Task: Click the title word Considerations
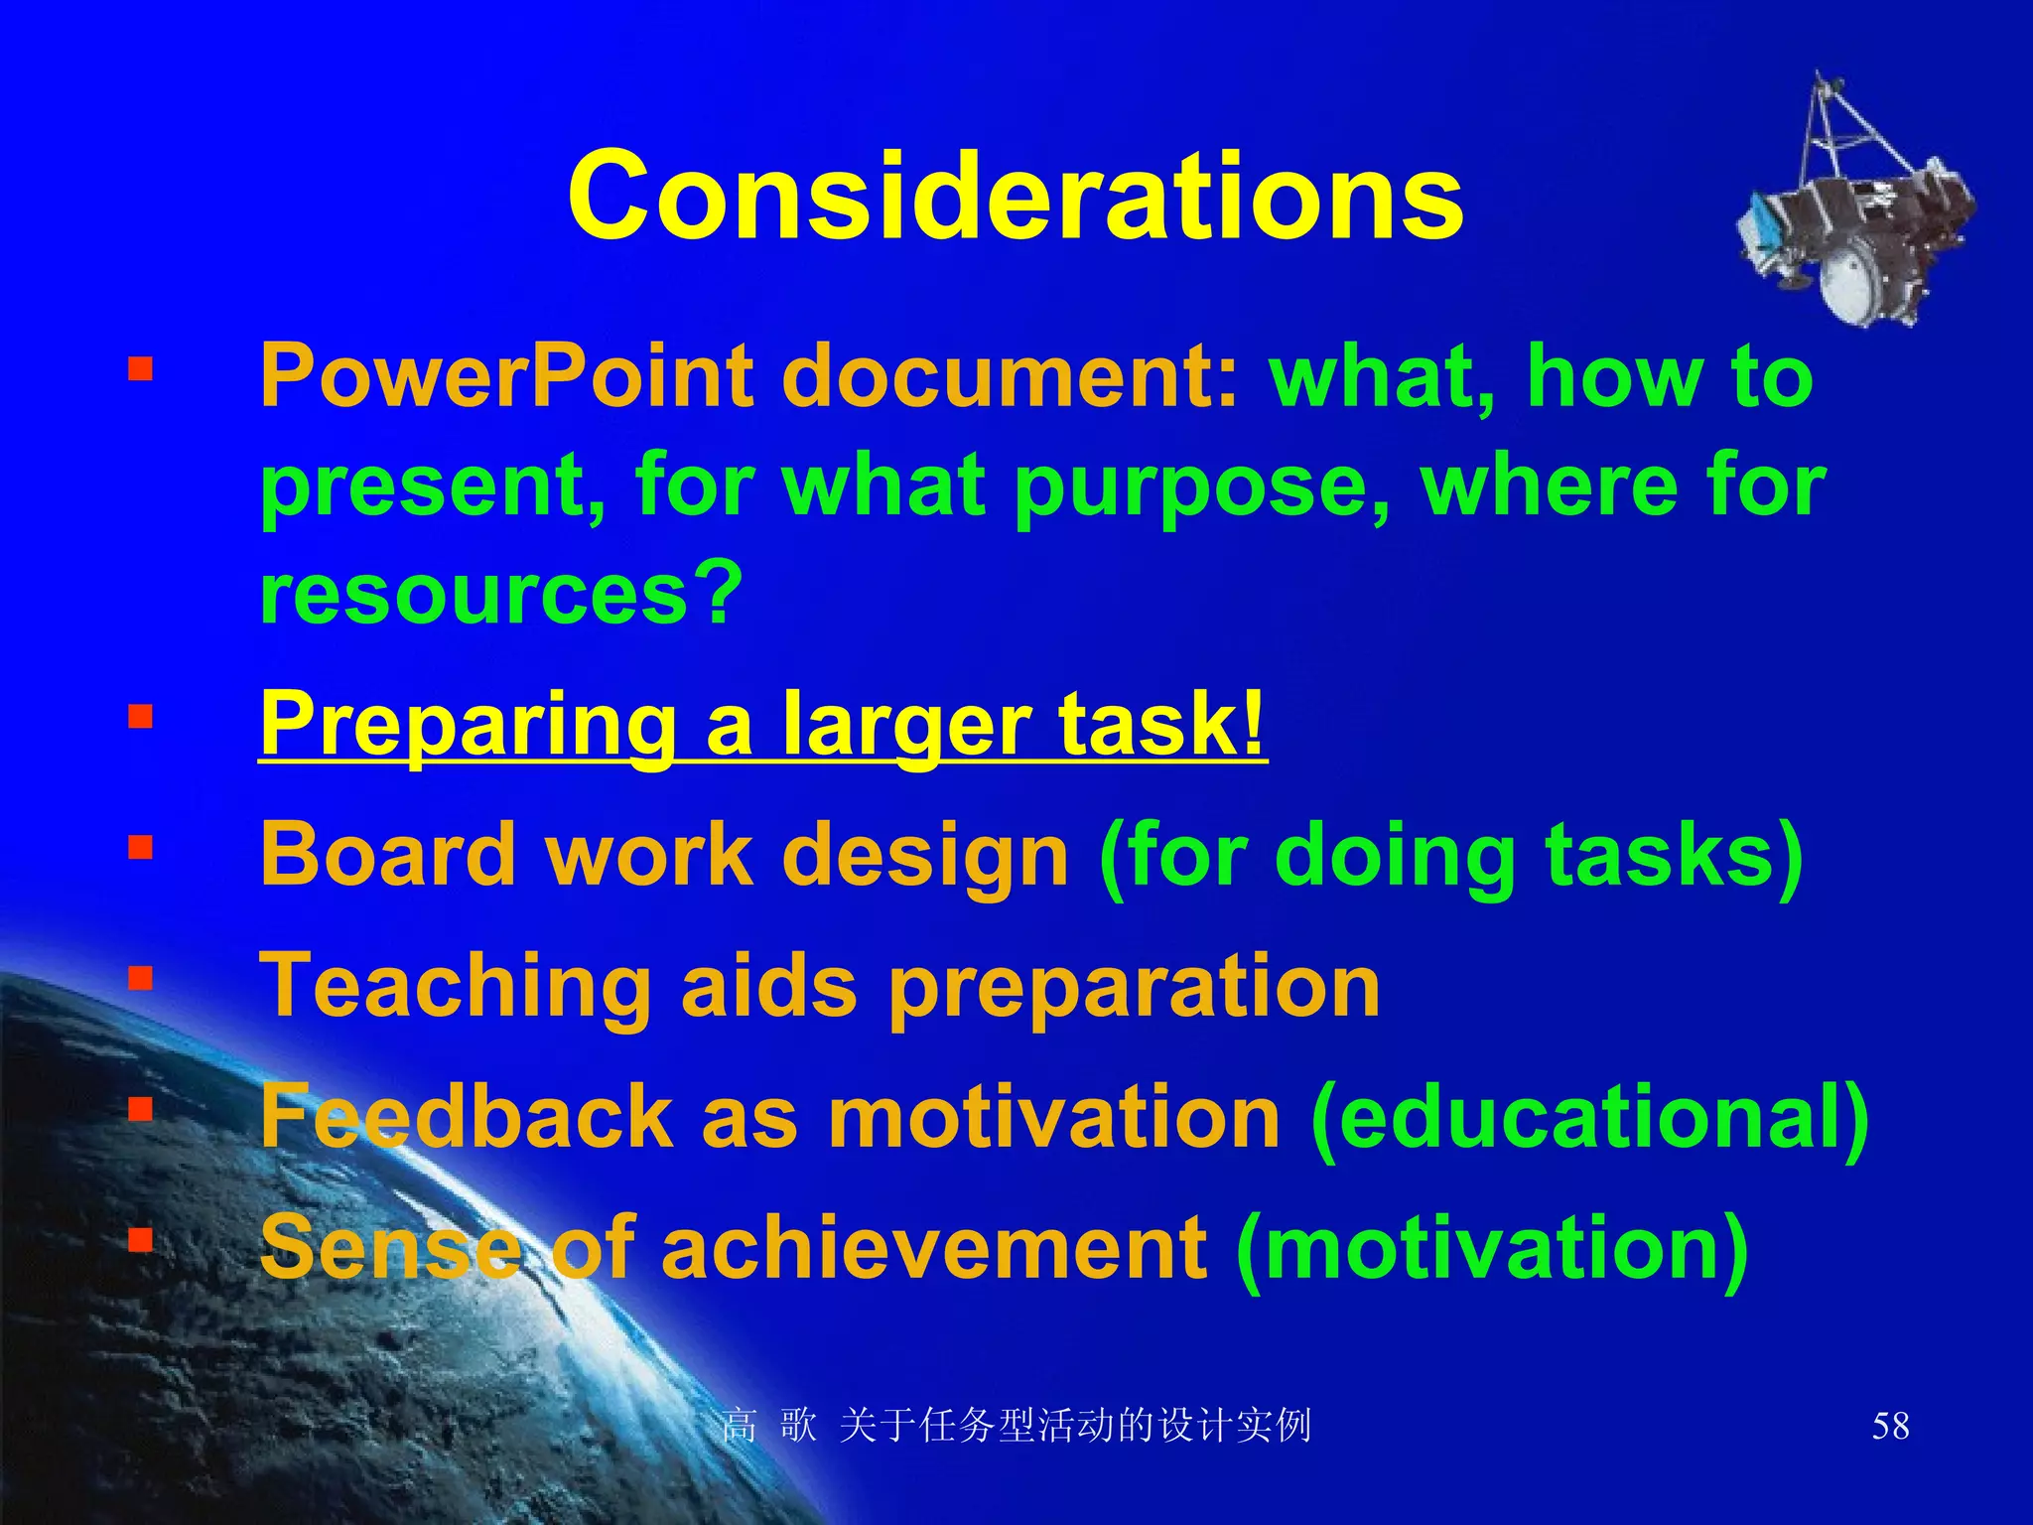(1015, 196)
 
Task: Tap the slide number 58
(1890, 1426)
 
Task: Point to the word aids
(769, 986)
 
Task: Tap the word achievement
(933, 1248)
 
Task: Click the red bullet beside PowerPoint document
(140, 370)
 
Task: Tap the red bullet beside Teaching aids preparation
(140, 979)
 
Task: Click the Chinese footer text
(1016, 1426)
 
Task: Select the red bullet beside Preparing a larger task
(140, 716)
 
